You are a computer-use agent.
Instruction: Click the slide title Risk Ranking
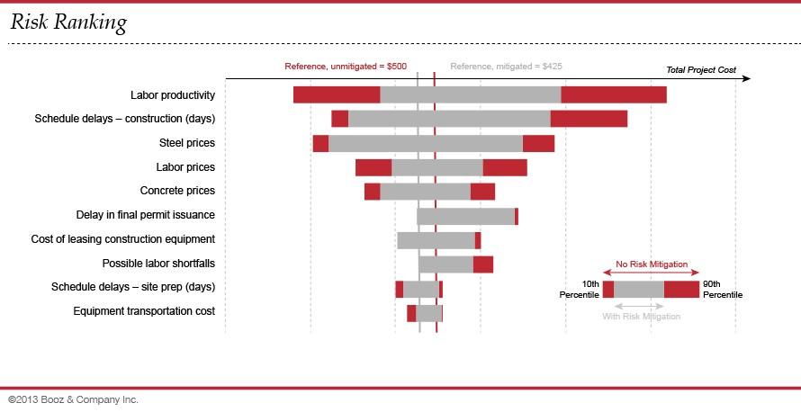click(x=68, y=22)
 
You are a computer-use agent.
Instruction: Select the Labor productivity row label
click(x=173, y=94)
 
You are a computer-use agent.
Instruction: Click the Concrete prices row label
click(x=177, y=191)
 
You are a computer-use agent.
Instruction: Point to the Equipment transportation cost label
click(x=144, y=311)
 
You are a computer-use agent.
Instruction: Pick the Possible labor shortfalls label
click(x=158, y=264)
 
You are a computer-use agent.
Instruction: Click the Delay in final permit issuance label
click(x=146, y=215)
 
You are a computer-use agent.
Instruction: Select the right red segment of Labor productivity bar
click(x=614, y=94)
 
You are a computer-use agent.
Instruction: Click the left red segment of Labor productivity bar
click(x=337, y=94)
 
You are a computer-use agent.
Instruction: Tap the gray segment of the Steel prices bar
click(x=425, y=143)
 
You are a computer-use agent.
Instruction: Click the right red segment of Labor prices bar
click(x=505, y=167)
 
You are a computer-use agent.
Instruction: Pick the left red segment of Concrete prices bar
click(x=372, y=192)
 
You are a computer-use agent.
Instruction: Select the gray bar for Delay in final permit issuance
click(x=465, y=216)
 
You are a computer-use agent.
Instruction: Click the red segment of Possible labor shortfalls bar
click(x=483, y=264)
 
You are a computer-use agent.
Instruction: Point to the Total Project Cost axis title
click(x=701, y=69)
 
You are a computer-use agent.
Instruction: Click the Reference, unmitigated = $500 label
click(x=346, y=67)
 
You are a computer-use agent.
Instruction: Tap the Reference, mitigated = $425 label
click(x=506, y=67)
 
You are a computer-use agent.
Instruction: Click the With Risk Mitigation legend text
click(x=642, y=317)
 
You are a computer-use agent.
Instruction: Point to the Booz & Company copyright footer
click(x=73, y=399)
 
